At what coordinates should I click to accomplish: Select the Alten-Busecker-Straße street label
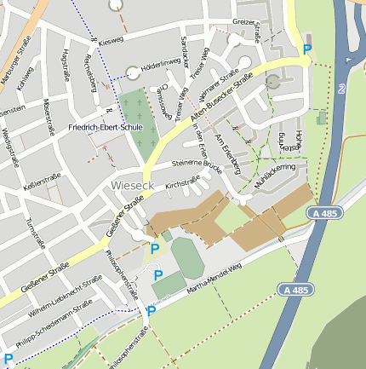pos(221,95)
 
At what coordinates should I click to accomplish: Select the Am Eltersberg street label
pos(229,150)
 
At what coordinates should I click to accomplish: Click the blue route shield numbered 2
pos(340,89)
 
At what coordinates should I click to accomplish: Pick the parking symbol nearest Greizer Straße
pos(307,49)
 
